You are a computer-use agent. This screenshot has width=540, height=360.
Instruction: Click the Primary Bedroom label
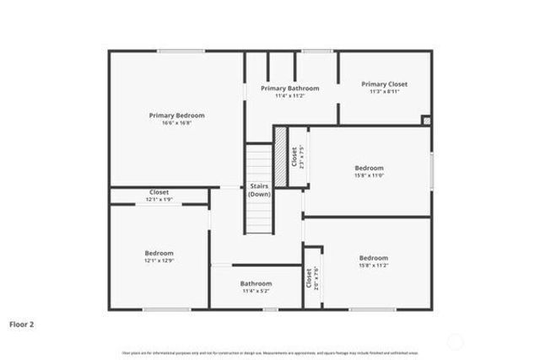click(x=176, y=116)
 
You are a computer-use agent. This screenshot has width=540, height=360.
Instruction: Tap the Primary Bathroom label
click(x=289, y=89)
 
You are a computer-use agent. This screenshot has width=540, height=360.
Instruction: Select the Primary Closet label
click(x=384, y=84)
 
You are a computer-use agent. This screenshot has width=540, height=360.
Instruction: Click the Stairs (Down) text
click(x=258, y=191)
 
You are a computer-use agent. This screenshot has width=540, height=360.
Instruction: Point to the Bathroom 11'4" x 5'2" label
click(x=256, y=284)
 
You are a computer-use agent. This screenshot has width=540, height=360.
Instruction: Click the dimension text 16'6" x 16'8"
click(x=176, y=123)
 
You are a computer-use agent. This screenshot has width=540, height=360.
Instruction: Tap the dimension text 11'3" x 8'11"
click(x=384, y=92)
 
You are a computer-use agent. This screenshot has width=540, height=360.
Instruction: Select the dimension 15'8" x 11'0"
click(x=369, y=176)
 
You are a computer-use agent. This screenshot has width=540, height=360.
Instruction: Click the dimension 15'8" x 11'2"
click(x=373, y=266)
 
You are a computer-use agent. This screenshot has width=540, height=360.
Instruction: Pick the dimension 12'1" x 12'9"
click(x=159, y=261)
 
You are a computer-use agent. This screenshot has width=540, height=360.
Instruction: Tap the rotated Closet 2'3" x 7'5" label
click(x=297, y=157)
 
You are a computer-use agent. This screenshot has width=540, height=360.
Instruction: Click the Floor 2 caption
click(x=22, y=323)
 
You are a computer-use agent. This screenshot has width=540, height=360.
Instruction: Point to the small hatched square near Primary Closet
click(x=426, y=121)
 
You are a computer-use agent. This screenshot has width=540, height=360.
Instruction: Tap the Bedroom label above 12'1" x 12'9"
click(x=159, y=253)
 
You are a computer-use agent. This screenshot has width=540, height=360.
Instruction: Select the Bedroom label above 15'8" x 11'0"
click(x=369, y=168)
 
